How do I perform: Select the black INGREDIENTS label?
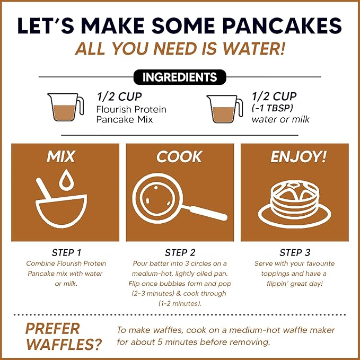pyautogui.click(x=180, y=77)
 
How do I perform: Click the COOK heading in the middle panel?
pyautogui.click(x=179, y=157)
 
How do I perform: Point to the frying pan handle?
pyautogui.click(x=207, y=212)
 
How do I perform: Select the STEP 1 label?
pyautogui.click(x=67, y=253)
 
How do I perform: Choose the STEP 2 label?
pyautogui.click(x=180, y=253)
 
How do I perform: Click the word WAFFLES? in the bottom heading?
pyautogui.click(x=64, y=345)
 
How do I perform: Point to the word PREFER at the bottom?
pyautogui.click(x=52, y=328)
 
